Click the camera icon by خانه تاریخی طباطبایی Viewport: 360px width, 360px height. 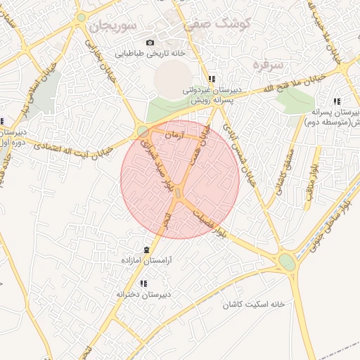click(149, 43)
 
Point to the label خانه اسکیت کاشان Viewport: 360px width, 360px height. click(254, 305)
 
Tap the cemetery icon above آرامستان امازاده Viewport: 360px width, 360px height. click(147, 250)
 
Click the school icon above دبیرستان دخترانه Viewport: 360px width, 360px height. click(143, 284)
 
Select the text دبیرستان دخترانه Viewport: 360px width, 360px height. click(145, 294)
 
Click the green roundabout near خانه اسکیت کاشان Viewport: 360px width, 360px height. click(287, 262)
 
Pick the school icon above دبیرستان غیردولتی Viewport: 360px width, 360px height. click(212, 79)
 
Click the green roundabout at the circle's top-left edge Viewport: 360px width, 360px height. click(143, 130)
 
